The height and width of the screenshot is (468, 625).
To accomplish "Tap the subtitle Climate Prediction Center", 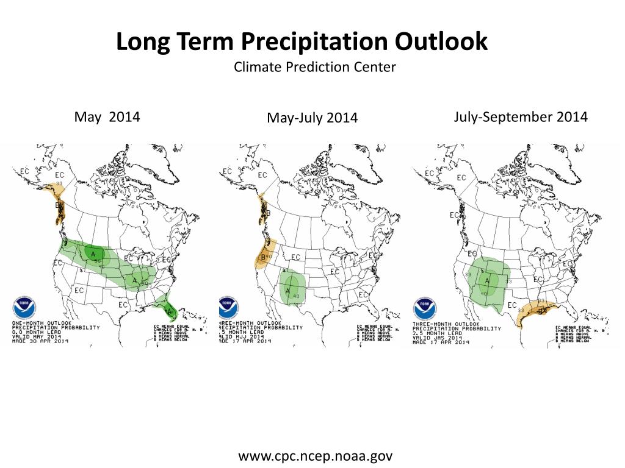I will coord(314,67).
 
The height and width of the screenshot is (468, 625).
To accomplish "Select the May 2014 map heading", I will coord(107,116).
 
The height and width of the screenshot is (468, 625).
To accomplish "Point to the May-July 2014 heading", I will coord(312,118).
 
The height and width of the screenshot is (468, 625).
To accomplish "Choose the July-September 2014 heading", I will coord(521,116).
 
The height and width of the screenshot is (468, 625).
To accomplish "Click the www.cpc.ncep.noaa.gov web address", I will coord(315,456).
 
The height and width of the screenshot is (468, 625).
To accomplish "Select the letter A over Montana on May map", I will coord(93,253).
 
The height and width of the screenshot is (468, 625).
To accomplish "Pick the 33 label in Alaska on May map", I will coord(59,183).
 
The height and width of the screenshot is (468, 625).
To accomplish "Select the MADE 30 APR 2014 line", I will coord(40,341).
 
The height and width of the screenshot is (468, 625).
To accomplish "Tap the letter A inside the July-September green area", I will coord(487,280).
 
